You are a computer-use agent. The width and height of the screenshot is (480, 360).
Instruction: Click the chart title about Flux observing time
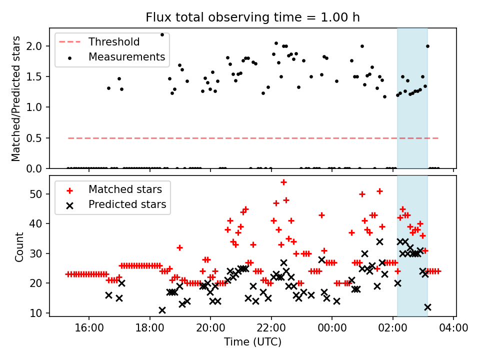coord(252,17)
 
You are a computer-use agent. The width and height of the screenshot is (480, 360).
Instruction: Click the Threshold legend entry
coord(114,42)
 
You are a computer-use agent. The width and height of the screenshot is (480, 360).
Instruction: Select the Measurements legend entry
coord(126,57)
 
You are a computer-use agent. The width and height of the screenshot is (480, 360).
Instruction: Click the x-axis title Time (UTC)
coord(252,342)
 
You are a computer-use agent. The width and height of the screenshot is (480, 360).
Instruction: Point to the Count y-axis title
coord(19,246)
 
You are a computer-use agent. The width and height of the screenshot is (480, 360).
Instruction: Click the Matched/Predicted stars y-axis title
coord(16,98)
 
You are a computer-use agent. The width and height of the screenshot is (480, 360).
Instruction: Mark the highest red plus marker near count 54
coord(283,182)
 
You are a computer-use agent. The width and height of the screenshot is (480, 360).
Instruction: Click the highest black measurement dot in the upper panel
coord(162,34)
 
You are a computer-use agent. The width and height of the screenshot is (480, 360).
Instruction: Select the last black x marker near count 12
coord(427,307)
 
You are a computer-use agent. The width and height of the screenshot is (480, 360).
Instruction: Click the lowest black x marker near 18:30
coord(162,310)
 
